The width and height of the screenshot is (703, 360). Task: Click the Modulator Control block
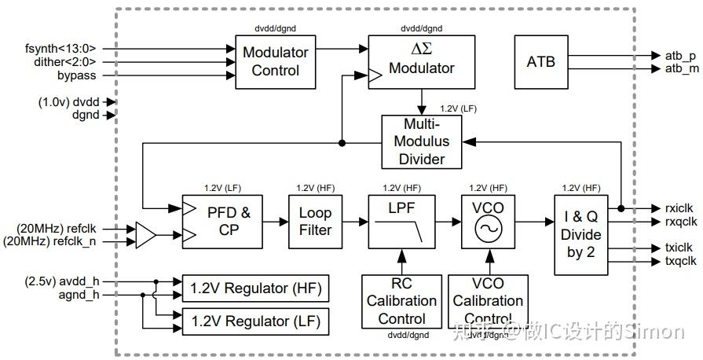click(276, 62)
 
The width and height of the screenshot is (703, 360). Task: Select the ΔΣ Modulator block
click(422, 62)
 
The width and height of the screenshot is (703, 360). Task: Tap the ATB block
click(540, 61)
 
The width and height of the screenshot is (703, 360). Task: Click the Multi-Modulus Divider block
click(423, 141)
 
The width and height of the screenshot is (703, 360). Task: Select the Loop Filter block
click(315, 221)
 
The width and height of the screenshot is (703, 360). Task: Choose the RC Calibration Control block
click(401, 300)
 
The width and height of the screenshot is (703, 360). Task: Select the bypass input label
click(76, 75)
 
